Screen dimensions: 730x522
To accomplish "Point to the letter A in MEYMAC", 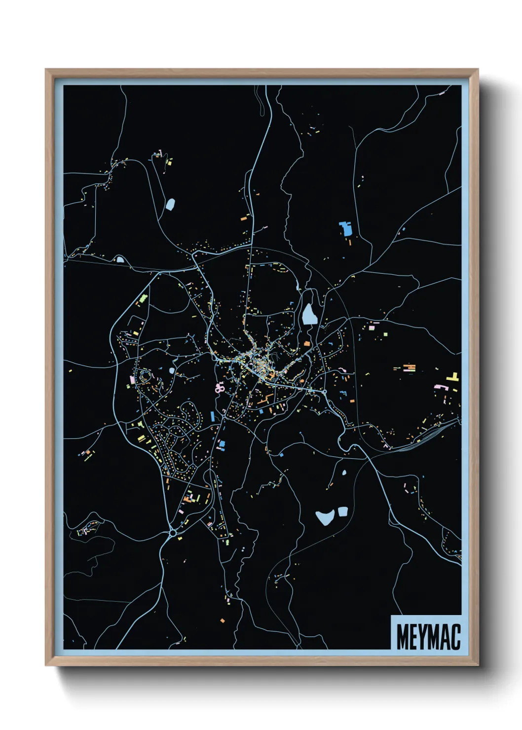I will (445, 637).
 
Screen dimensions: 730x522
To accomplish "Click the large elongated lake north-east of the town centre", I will (309, 314).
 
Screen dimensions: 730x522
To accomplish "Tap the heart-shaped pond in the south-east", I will (325, 517).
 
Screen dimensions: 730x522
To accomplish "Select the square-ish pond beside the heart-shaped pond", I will (342, 511).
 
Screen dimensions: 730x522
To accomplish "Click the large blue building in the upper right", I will (345, 228).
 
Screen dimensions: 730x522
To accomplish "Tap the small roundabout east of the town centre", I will (325, 392).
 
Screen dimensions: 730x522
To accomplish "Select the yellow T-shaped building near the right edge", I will (453, 377).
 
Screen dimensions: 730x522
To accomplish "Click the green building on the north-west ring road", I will (143, 299).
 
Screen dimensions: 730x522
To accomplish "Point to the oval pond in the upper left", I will (170, 204).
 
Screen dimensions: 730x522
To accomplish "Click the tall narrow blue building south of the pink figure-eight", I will (213, 416).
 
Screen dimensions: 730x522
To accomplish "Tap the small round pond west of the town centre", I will (172, 370).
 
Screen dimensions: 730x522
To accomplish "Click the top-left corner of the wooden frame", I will (46, 70).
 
